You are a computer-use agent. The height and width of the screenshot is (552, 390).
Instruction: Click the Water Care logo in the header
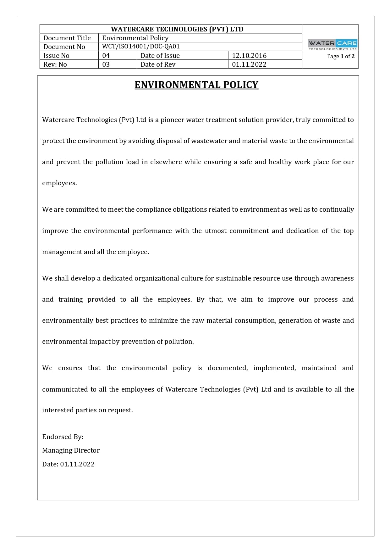(x=332, y=44)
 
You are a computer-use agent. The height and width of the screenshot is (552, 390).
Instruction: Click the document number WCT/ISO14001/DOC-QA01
(x=141, y=47)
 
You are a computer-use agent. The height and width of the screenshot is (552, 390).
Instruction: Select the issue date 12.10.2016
(x=249, y=56)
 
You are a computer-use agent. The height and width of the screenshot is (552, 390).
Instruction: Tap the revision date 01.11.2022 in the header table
(x=249, y=64)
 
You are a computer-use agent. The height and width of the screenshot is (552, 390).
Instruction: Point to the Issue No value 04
(x=106, y=56)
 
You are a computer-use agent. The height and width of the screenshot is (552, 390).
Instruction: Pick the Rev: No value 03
(x=106, y=64)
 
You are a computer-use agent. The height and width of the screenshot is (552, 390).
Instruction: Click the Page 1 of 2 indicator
(x=341, y=56)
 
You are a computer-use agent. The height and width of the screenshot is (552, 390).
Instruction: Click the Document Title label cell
(x=67, y=38)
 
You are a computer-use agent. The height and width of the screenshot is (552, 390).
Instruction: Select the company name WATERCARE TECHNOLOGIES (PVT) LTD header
(x=177, y=29)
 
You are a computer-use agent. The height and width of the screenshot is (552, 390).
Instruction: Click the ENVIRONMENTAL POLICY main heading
(x=196, y=85)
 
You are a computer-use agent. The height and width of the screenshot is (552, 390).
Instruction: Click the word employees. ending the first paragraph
(x=59, y=183)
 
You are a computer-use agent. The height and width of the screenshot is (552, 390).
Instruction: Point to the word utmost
(x=216, y=231)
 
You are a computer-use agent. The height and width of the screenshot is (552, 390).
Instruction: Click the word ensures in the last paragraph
(x=70, y=368)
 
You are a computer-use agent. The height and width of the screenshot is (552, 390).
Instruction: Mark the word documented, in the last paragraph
(x=228, y=368)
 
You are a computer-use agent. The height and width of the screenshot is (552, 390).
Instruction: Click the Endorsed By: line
(x=63, y=437)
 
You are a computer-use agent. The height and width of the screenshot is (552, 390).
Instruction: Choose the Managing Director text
(x=71, y=450)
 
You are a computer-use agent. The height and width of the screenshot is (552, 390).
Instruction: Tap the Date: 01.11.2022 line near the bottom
(x=68, y=464)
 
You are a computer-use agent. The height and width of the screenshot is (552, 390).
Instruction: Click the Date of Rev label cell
(x=158, y=64)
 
